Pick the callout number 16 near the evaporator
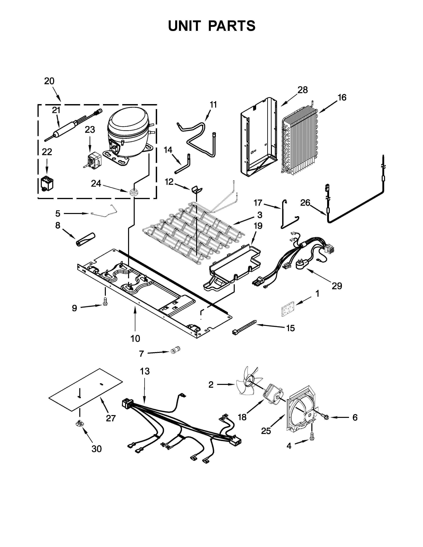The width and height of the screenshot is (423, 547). (342, 97)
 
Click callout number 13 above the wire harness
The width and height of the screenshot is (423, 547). (145, 371)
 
